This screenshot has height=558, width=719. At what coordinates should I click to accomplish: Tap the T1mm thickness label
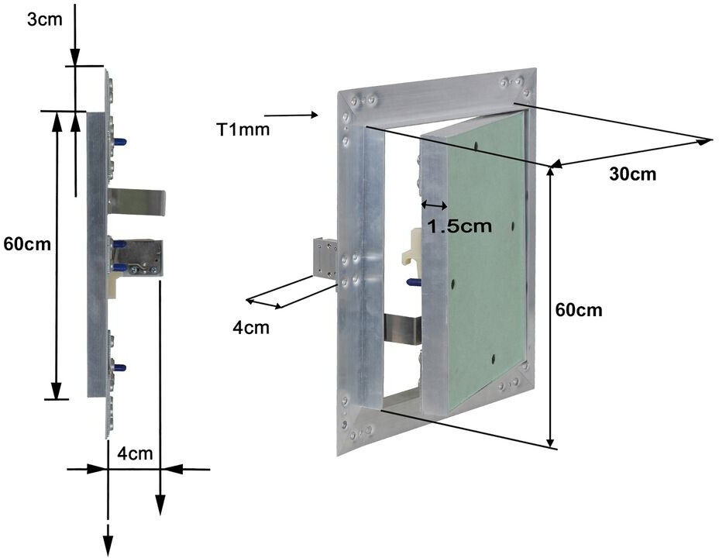tap(243, 129)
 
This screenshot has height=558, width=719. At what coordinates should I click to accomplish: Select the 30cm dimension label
tap(632, 174)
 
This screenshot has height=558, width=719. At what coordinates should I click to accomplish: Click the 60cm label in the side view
tap(27, 244)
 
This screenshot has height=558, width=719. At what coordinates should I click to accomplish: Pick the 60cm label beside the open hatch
tap(579, 310)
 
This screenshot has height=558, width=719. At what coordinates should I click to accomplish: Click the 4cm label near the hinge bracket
tap(251, 327)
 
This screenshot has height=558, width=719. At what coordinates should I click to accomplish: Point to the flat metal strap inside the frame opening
tap(402, 329)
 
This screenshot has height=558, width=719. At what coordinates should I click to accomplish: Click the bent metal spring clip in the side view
tap(138, 202)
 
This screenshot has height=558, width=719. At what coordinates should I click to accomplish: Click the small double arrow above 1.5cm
tap(434, 205)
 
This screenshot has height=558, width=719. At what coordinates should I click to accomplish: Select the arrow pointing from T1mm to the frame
tap(292, 115)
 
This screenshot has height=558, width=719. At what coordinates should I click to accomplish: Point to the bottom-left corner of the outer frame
tap(340, 452)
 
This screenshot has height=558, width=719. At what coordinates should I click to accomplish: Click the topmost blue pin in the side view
tap(122, 143)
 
